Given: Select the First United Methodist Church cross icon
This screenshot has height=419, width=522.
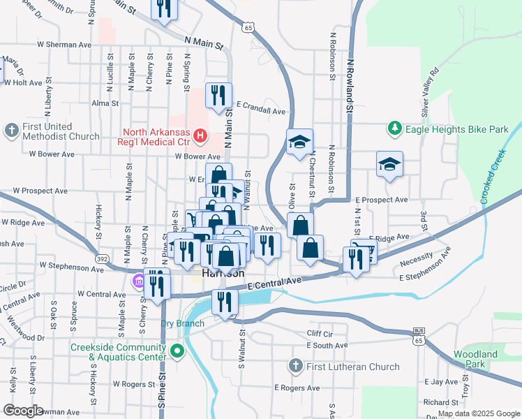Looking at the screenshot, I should point(11,131).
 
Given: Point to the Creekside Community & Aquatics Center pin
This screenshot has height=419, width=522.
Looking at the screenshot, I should point(178,352).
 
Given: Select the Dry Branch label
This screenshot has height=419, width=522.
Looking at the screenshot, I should point(182,323).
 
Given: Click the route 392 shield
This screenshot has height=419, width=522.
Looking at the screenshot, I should point(102,258).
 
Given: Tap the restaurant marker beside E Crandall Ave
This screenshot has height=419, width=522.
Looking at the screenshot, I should point(219,96).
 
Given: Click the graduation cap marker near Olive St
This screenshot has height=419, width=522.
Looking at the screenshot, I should point(299,142).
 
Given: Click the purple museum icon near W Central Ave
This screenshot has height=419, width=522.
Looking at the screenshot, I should point(137,281).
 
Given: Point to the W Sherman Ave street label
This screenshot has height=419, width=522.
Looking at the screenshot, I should point(64,43).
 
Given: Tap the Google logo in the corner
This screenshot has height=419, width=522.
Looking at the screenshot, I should point(24,410).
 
